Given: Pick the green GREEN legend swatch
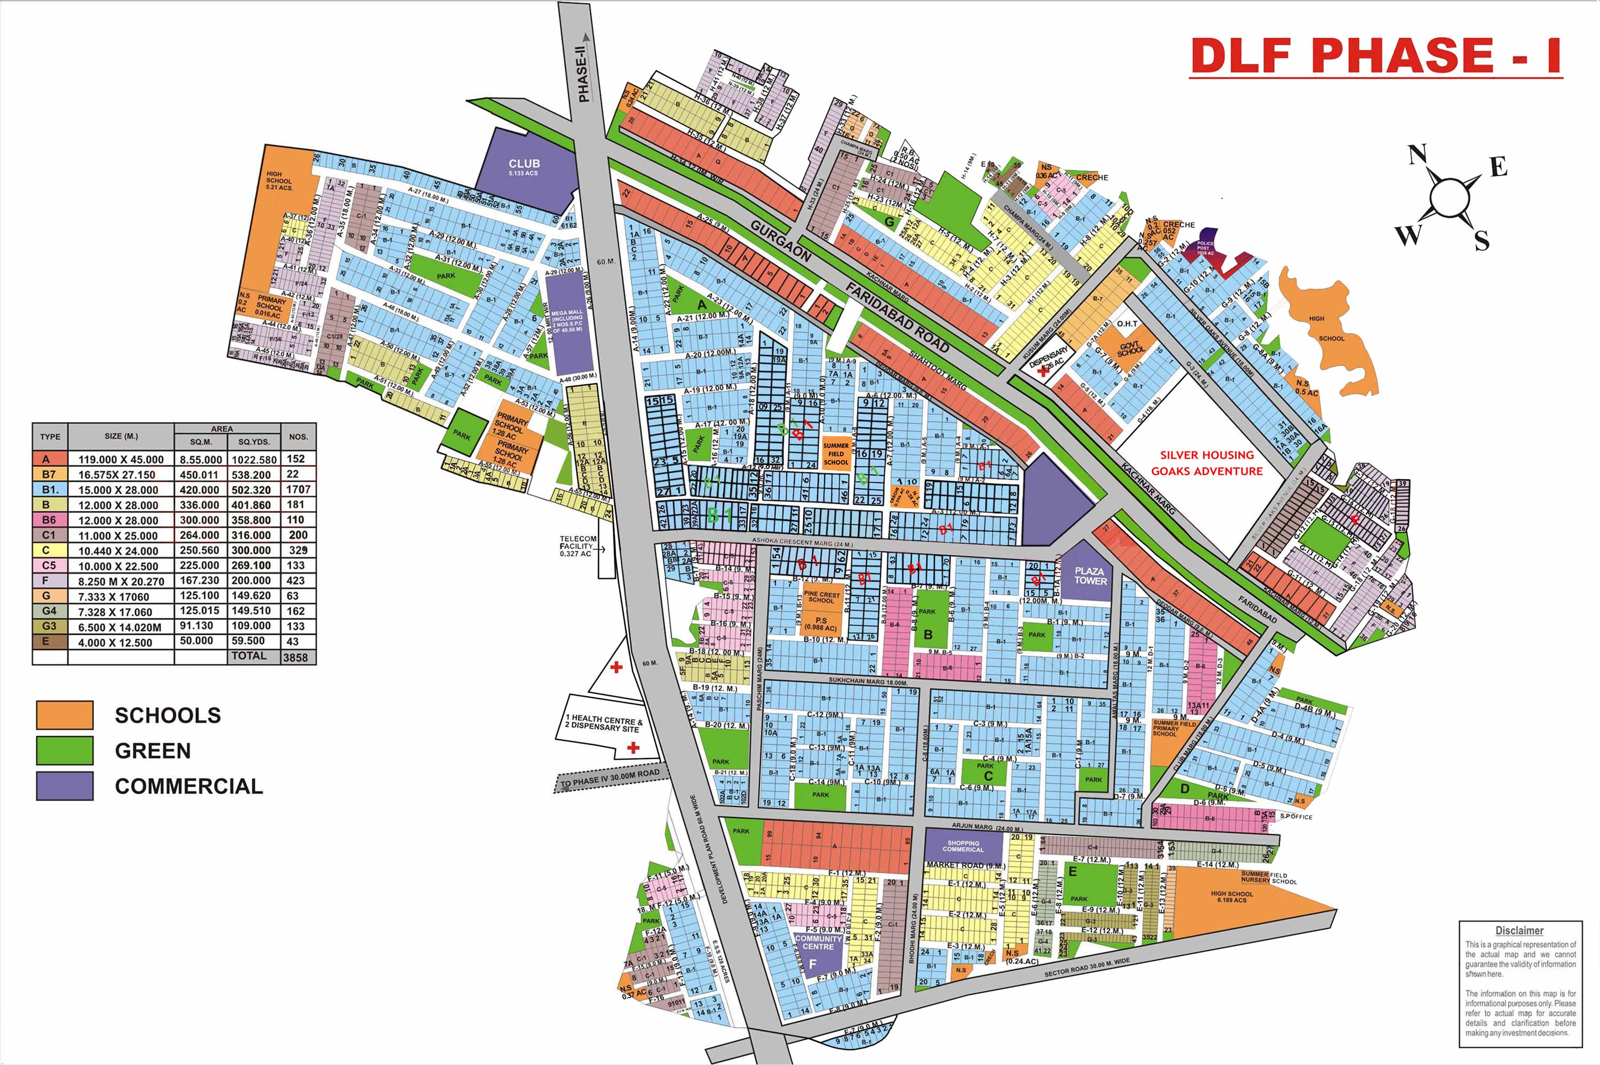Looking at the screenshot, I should coord(65,751).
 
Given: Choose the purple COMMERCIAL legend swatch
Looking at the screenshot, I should coord(65,786).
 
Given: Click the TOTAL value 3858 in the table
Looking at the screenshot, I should coord(295,657).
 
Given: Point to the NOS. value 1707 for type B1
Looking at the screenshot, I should coord(298,489).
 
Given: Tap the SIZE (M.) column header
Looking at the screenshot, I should coord(121,436).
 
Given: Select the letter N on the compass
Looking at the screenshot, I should coord(1417,155).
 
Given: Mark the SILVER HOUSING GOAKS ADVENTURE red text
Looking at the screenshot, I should coord(1206,463).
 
